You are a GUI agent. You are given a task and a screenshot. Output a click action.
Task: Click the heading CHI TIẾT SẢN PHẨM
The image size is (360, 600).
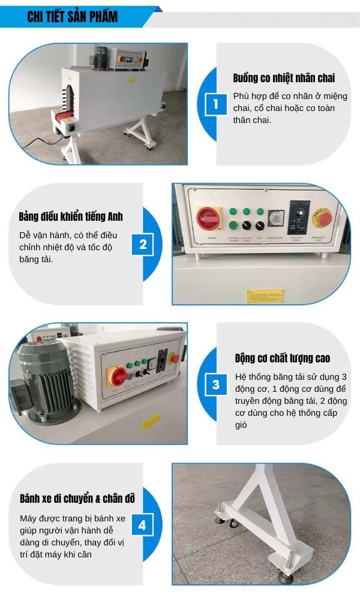click(x=73, y=17)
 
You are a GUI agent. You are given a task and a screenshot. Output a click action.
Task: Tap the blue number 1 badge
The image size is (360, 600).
click(x=215, y=105)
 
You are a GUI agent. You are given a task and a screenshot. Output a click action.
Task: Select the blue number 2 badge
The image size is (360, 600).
click(x=143, y=245)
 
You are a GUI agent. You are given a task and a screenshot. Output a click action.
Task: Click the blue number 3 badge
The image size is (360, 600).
click(x=215, y=385)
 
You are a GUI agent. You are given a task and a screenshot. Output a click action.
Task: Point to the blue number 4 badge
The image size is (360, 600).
click(x=142, y=526)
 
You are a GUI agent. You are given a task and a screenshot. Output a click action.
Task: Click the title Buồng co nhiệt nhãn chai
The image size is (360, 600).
click(x=284, y=78)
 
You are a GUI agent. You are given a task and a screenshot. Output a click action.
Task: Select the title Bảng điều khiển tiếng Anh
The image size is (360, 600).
click(x=71, y=216)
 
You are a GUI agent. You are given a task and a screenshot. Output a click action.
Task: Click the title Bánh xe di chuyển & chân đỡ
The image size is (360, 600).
click(x=77, y=499)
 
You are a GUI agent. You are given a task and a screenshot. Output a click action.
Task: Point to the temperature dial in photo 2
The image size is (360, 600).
click(x=275, y=217)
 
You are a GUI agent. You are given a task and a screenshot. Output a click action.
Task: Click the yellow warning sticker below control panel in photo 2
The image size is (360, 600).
click(x=265, y=296)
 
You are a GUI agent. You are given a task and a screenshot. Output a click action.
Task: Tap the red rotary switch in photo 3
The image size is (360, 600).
click(x=119, y=377)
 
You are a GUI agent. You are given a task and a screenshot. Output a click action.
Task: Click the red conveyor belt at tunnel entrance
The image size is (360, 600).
click(x=61, y=118)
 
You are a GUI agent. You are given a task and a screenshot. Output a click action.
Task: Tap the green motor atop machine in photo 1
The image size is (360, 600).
click(x=100, y=54)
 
